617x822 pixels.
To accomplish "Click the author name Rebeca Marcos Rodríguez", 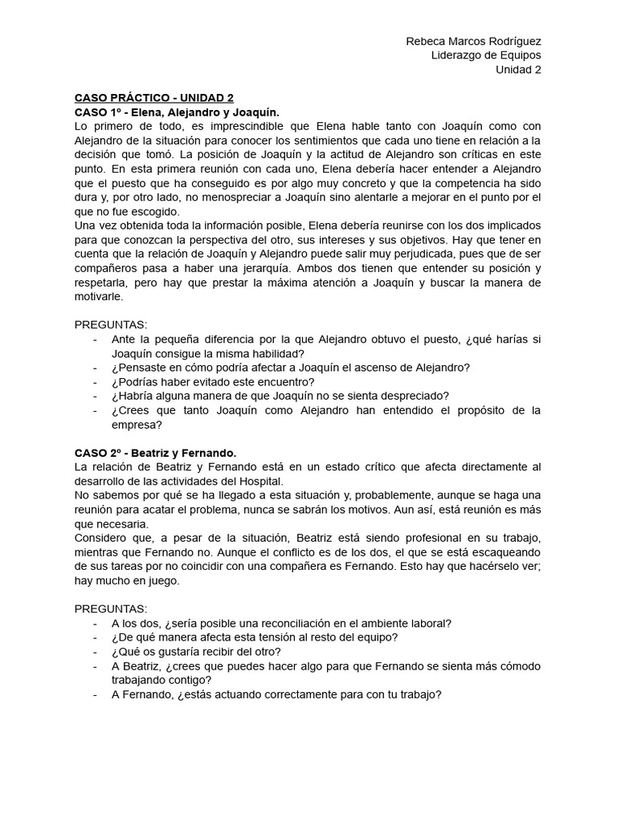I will point(473,41).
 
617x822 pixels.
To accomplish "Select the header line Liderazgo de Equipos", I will point(486,55).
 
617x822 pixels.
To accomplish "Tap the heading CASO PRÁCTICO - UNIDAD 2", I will point(154,98).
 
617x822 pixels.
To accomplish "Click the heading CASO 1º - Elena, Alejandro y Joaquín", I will point(177,112).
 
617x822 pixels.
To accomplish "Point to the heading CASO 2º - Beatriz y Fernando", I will point(156,453).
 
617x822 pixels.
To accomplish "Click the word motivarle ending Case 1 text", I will point(99,296).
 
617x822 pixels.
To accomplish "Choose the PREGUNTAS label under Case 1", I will point(111,325).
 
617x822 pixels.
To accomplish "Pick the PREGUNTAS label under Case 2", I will point(111,608).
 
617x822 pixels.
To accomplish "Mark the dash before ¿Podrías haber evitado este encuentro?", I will point(96,381).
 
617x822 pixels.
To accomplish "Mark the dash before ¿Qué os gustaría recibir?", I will point(96,651).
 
